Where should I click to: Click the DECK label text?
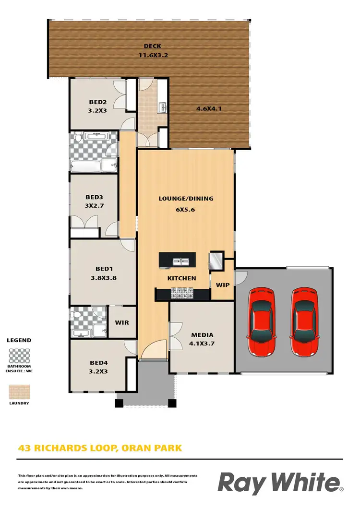point(152,46)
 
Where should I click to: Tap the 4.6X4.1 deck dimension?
point(209,108)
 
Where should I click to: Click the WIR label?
point(122,322)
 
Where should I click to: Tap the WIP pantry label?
point(223,284)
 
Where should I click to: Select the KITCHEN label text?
point(181,278)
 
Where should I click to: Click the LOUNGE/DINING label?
point(186,198)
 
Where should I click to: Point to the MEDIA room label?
point(202,335)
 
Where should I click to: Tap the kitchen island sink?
point(180,261)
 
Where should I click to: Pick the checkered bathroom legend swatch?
point(19,356)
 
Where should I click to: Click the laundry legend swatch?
point(19,391)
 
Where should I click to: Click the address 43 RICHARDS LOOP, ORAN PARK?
point(100,449)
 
